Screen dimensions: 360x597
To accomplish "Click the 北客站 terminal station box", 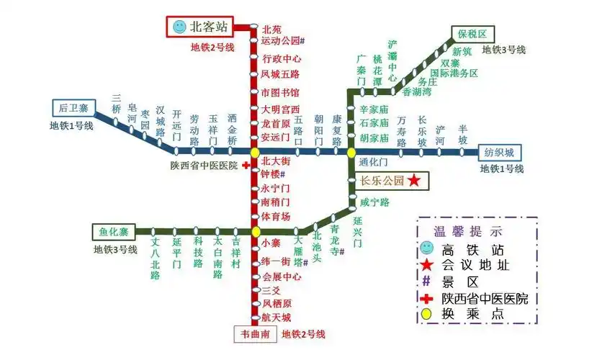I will [x=199, y=27].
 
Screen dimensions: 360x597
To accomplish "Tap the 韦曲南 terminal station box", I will [x=255, y=334].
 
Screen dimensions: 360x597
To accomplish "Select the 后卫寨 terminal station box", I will [x=73, y=109].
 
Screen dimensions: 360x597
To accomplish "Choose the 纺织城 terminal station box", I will [x=498, y=152].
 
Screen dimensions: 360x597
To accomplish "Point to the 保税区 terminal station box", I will [x=472, y=34].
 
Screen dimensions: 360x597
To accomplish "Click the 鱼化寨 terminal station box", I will [x=114, y=231].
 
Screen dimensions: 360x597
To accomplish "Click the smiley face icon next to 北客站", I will [x=179, y=27].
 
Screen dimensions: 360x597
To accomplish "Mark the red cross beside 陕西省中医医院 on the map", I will [x=246, y=165].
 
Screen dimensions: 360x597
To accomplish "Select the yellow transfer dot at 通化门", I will [x=351, y=152].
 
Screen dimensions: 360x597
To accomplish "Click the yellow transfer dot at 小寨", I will [x=255, y=231].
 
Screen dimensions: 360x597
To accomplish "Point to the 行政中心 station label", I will [x=281, y=58].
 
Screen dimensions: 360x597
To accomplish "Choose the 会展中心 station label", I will [x=281, y=276].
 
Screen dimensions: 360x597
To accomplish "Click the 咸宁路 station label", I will [x=374, y=202].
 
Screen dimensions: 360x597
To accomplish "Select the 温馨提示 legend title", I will [x=467, y=232].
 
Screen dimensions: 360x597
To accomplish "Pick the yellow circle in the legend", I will [x=428, y=315].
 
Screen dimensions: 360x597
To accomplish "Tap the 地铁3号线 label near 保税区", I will [x=504, y=50].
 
